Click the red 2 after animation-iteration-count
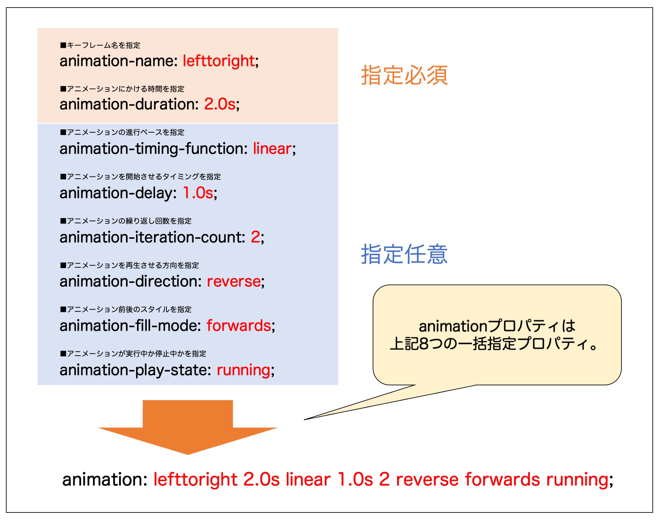pyautogui.click(x=255, y=237)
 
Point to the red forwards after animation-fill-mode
pyautogui.click(x=239, y=325)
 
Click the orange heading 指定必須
pyautogui.click(x=404, y=75)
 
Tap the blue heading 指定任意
pyautogui.click(x=404, y=254)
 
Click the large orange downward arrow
pyautogui.click(x=188, y=427)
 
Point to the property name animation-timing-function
pyautogui.click(x=154, y=149)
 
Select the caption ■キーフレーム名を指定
pyautogui.click(x=100, y=45)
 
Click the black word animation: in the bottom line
pyautogui.click(x=105, y=479)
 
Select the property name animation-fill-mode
pyautogui.click(x=130, y=325)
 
